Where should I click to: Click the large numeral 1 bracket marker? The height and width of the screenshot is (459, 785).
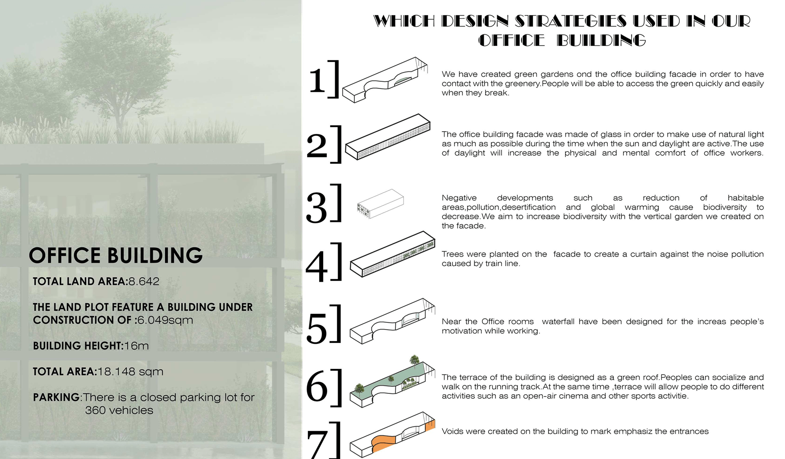(x=324, y=79)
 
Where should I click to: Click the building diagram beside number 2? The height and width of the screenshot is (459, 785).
(x=388, y=137)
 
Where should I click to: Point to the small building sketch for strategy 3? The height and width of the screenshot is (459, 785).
(x=380, y=204)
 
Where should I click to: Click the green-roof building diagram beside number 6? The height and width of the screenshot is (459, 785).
(x=392, y=382)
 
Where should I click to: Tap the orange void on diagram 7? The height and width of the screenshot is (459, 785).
(x=386, y=444)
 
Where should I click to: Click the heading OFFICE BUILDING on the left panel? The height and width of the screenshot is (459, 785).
(x=116, y=255)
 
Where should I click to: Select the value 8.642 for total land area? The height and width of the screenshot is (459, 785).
(x=144, y=281)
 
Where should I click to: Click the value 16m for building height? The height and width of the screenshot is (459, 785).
(x=136, y=346)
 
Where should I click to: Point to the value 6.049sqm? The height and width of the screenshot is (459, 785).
(x=165, y=320)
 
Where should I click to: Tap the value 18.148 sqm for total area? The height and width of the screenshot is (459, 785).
(x=130, y=371)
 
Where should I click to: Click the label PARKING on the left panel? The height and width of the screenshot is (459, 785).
(x=56, y=397)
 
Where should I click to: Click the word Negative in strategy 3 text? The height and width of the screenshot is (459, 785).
(x=459, y=198)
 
